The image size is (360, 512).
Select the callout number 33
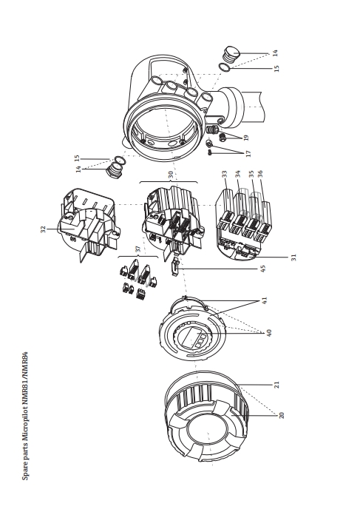click(x=224, y=174)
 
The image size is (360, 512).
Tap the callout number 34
click(x=237, y=174)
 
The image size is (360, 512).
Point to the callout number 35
click(x=251, y=174)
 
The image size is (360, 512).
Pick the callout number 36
click(x=260, y=174)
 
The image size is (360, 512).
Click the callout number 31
click(x=293, y=257)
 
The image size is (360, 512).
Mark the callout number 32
click(x=43, y=229)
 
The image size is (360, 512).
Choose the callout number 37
click(x=138, y=249)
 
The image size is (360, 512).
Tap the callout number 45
click(x=263, y=269)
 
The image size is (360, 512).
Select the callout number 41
click(x=265, y=300)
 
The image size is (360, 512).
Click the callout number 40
click(x=269, y=333)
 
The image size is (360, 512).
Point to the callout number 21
click(x=276, y=385)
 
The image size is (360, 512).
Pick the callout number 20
click(x=282, y=415)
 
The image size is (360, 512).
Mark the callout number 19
click(x=246, y=138)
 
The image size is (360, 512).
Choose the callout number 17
click(x=248, y=153)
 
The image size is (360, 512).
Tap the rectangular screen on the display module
click(x=189, y=337)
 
